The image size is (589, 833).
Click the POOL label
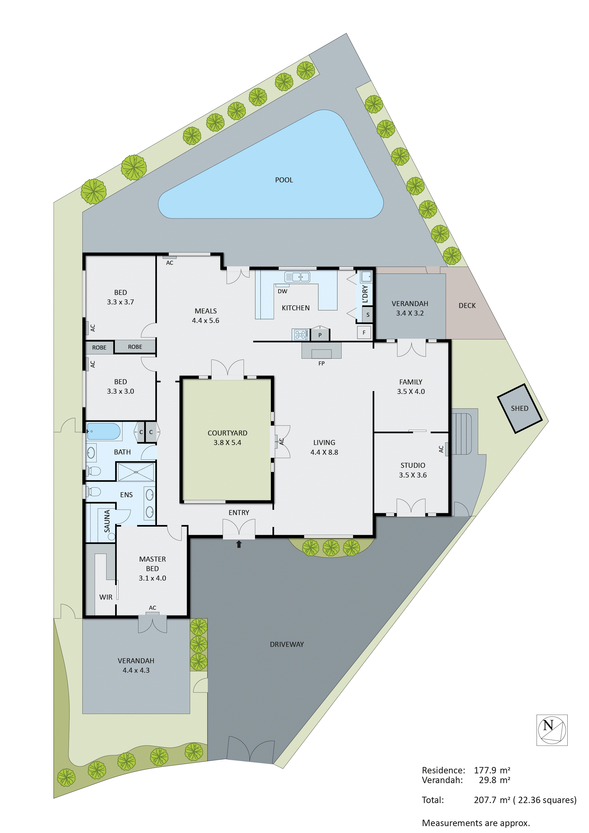pyautogui.click(x=284, y=180)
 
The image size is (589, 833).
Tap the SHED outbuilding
pyautogui.click(x=519, y=408)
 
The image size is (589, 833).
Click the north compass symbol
pyautogui.click(x=552, y=730)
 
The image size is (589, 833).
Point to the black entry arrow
pyautogui.click(x=239, y=544)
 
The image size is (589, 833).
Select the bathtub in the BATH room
pyautogui.click(x=104, y=431)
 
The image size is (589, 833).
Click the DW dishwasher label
pyautogui.click(x=282, y=291)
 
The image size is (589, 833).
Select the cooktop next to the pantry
pyautogui.click(x=301, y=334)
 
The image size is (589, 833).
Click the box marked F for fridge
pyautogui.click(x=364, y=332)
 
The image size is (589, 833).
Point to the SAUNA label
pyautogui.click(x=107, y=521)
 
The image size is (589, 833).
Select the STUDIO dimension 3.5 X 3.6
pyautogui.click(x=413, y=475)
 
